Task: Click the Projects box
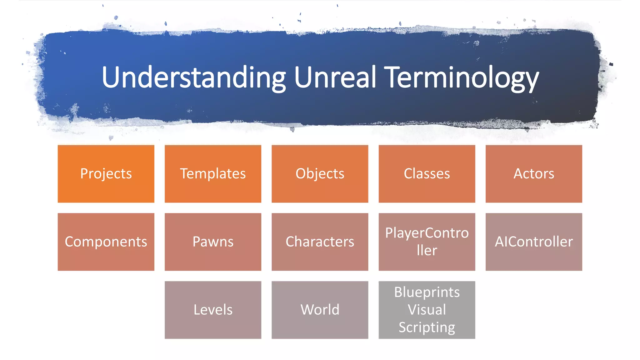[106, 174]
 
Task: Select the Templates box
[213, 174]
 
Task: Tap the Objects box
[320, 174]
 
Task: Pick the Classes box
[427, 174]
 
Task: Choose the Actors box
[534, 174]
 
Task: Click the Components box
[106, 242]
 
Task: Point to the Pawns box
[213, 242]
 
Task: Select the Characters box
[320, 242]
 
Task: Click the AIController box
[534, 242]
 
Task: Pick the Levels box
[213, 310]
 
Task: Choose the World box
[320, 310]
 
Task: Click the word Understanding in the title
[193, 77]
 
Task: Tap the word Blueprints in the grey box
[427, 292]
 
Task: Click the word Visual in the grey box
[427, 310]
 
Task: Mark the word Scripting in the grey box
[427, 327]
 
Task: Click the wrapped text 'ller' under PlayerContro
[427, 250]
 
